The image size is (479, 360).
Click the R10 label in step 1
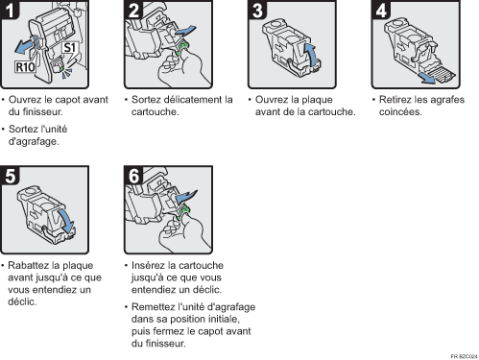click(26, 70)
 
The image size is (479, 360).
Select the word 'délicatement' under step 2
click(186, 99)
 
